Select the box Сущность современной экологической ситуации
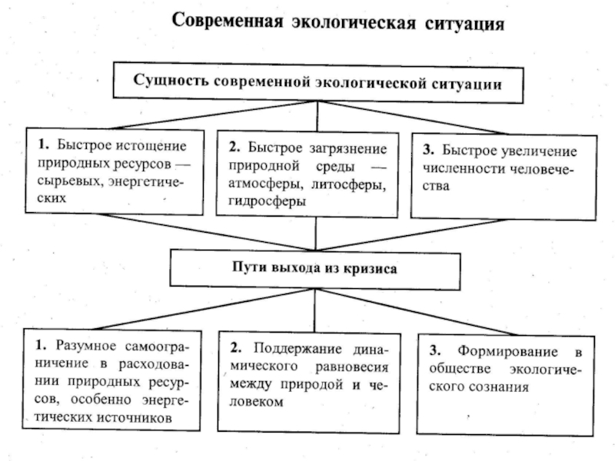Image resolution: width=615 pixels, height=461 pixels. point(318,81)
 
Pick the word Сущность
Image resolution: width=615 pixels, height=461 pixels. point(171,82)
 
